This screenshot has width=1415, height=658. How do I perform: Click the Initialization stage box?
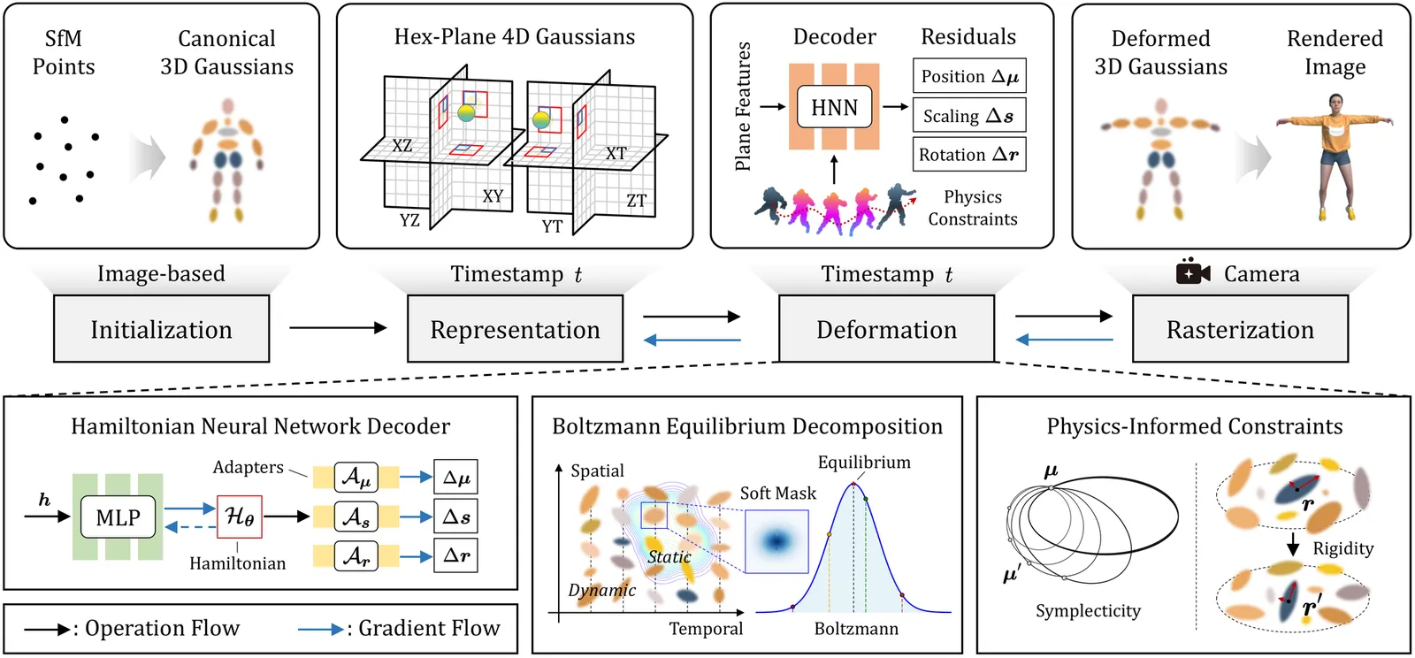[161, 329]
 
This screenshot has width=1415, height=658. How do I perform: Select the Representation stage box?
[515, 329]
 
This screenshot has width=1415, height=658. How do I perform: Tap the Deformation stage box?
[886, 329]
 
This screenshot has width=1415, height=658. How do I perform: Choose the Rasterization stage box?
[1240, 329]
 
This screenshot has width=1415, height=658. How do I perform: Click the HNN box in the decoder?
[834, 107]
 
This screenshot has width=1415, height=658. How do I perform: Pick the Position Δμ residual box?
[969, 76]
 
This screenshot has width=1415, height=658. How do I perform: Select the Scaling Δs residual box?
[969, 116]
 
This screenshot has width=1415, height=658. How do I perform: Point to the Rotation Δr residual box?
[969, 155]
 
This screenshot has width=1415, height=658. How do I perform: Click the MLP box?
[118, 517]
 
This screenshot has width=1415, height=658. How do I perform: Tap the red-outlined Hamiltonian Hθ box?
[240, 516]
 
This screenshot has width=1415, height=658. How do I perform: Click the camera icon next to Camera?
[1192, 273]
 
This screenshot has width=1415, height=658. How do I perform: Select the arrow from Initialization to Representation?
[338, 328]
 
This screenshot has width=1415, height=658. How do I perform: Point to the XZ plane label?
[402, 146]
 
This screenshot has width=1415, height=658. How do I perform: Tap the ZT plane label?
[637, 201]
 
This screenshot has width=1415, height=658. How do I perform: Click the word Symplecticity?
[1088, 610]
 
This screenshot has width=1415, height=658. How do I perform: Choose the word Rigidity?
[1342, 548]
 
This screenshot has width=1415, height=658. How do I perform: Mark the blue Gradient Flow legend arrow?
[320, 629]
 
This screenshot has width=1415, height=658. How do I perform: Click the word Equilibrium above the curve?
[863, 463]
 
